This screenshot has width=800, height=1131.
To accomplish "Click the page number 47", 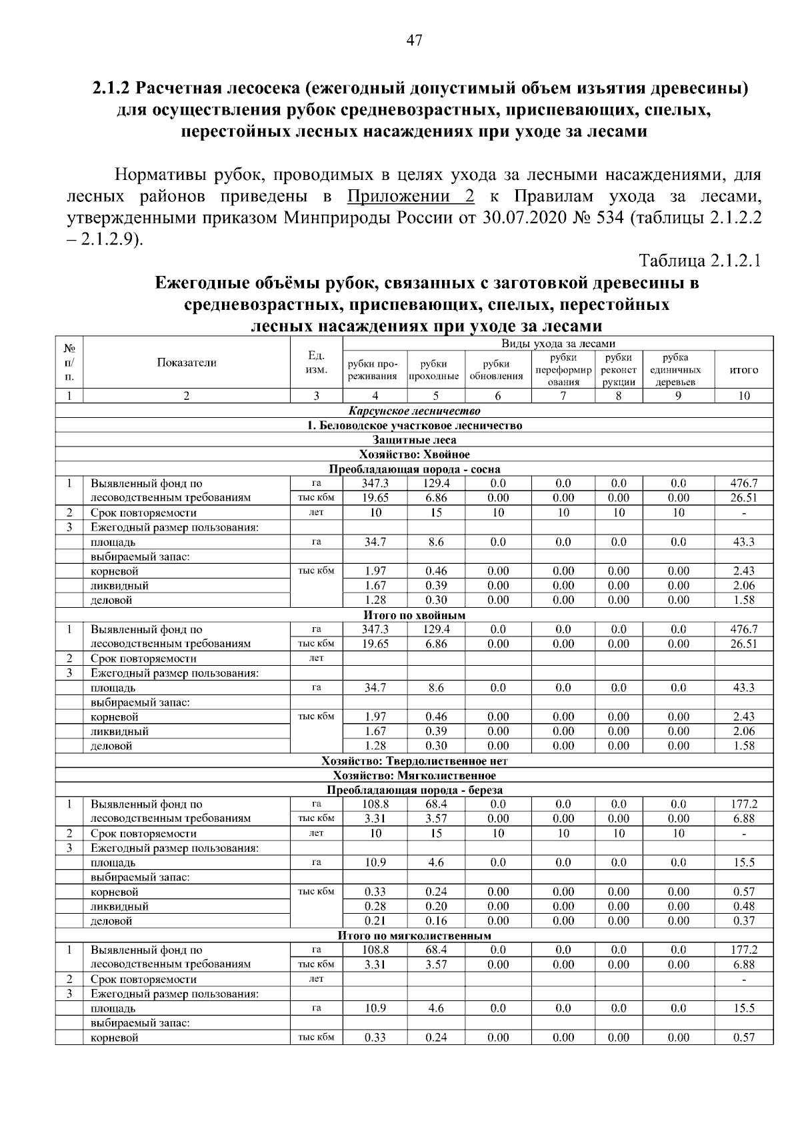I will pos(414,41).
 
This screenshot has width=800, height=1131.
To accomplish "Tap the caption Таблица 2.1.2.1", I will pos(699,260).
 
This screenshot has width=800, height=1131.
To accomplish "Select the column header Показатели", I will pos(187,363).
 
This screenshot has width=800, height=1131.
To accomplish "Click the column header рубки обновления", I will pos(497,369).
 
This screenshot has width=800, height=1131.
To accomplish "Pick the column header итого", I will pos(744,369).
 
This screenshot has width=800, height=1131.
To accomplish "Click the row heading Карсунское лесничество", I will pos(414,411).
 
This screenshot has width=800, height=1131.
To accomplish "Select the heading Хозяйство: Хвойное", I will pos(414,455).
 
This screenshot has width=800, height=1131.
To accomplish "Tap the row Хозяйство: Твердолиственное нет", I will pos(414,760).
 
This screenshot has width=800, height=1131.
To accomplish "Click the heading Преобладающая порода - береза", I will pos(414,790).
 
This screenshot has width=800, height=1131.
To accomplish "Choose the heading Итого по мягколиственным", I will pos(414,936).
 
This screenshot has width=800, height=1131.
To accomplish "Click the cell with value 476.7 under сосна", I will pos(744,483).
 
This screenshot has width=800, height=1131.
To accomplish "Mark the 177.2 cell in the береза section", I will pos(744,804).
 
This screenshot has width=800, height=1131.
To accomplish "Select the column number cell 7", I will pos(563,396).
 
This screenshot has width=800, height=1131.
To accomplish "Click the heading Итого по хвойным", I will pos(414,615).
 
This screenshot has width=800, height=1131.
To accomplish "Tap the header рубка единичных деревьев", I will pos(677,369).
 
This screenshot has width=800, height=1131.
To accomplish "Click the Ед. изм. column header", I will pos(317,363).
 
